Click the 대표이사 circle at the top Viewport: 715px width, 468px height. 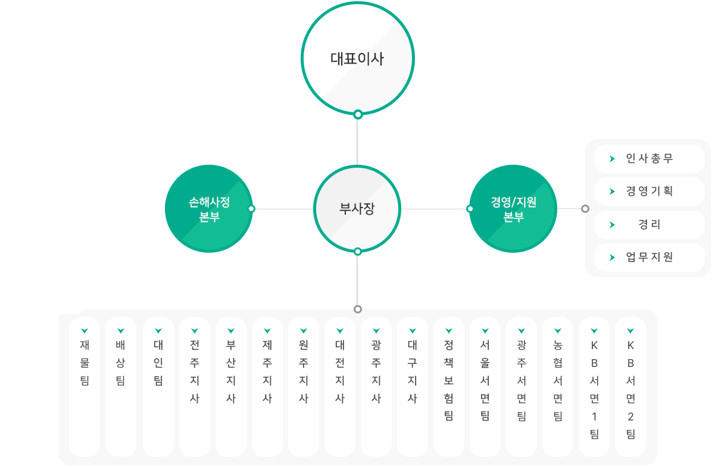[357, 58]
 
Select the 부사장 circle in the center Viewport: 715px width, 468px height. [357, 209]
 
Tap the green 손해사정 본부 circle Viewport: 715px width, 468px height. [209, 209]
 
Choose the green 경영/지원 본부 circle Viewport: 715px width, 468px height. [513, 209]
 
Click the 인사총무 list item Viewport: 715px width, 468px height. [650, 158]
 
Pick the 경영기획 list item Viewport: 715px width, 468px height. [650, 191]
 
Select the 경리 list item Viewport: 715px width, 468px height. [650, 224]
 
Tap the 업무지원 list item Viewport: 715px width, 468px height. [650, 257]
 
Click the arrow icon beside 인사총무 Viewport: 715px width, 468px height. [612, 159]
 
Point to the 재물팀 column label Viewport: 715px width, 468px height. [85, 363]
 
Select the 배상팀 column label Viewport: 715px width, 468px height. [121, 363]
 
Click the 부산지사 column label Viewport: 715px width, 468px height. [231, 372]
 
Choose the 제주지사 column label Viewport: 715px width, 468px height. [267, 372]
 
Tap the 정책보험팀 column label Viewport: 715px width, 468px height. [449, 381]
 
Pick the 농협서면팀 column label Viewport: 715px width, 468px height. [558, 381]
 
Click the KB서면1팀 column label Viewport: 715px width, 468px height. [594, 390]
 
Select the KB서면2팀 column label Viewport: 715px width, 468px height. [630, 390]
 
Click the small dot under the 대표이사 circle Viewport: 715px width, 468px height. [358, 114]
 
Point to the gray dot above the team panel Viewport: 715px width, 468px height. [358, 309]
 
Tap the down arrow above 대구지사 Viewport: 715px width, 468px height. [413, 331]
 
